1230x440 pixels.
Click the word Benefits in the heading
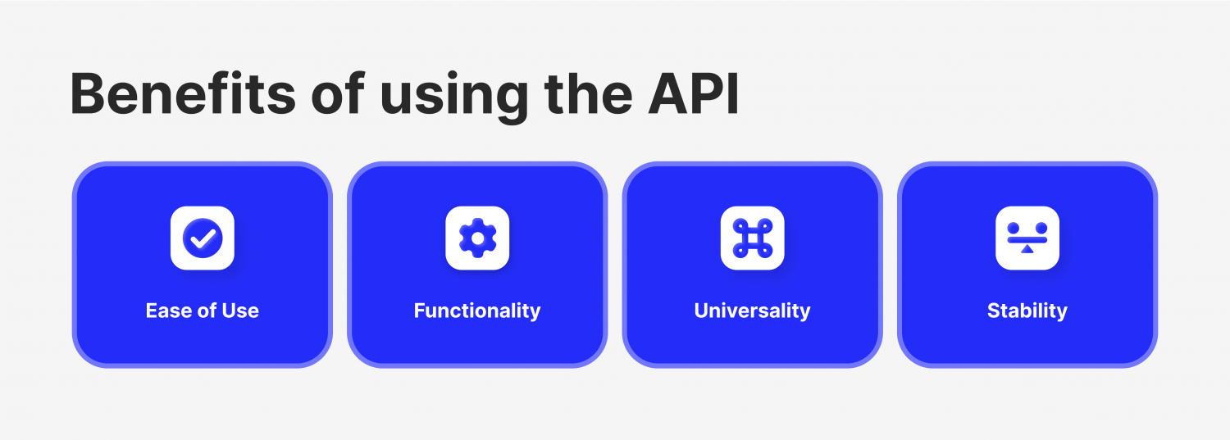[x=182, y=94]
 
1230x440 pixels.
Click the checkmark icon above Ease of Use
[x=203, y=238]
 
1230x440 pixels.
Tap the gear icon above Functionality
[x=477, y=238]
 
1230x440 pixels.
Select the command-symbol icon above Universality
[x=752, y=238]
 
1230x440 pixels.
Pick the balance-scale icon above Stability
[x=1027, y=238]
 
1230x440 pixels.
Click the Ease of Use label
[x=203, y=311]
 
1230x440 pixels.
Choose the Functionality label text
[x=477, y=311]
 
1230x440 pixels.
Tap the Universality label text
[x=752, y=311]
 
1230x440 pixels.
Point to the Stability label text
[x=1027, y=311]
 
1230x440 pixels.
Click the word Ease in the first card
[x=165, y=311]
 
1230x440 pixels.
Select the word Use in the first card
[x=241, y=311]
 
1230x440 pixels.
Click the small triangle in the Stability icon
[x=1027, y=248]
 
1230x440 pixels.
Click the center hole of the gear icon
[x=477, y=238]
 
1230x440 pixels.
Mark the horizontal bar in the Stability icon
[x=1027, y=239]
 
